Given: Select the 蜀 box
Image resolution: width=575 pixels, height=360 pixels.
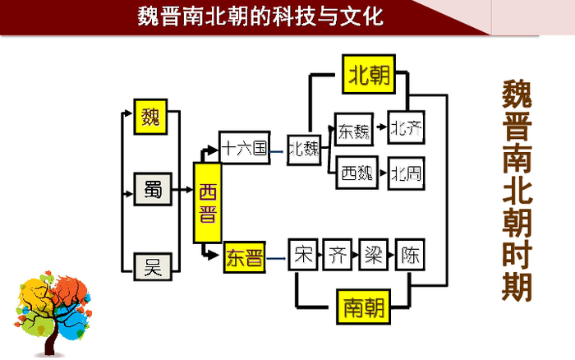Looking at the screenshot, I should (x=153, y=190).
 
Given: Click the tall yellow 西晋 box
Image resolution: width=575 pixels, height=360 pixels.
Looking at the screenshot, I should (x=209, y=202).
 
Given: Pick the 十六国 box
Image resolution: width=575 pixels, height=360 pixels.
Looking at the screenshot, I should (x=245, y=148).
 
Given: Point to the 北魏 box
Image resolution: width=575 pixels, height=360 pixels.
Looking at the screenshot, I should (x=303, y=149).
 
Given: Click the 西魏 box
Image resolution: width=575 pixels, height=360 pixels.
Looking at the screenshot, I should (x=355, y=173).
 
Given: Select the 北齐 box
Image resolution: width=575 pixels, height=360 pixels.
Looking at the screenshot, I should (x=407, y=128).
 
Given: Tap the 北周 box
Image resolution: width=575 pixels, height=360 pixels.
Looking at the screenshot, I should (x=407, y=173).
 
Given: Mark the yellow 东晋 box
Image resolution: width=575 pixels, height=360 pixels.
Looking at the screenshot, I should (x=244, y=260).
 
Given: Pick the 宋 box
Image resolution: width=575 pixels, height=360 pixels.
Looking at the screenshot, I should (x=303, y=255).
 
